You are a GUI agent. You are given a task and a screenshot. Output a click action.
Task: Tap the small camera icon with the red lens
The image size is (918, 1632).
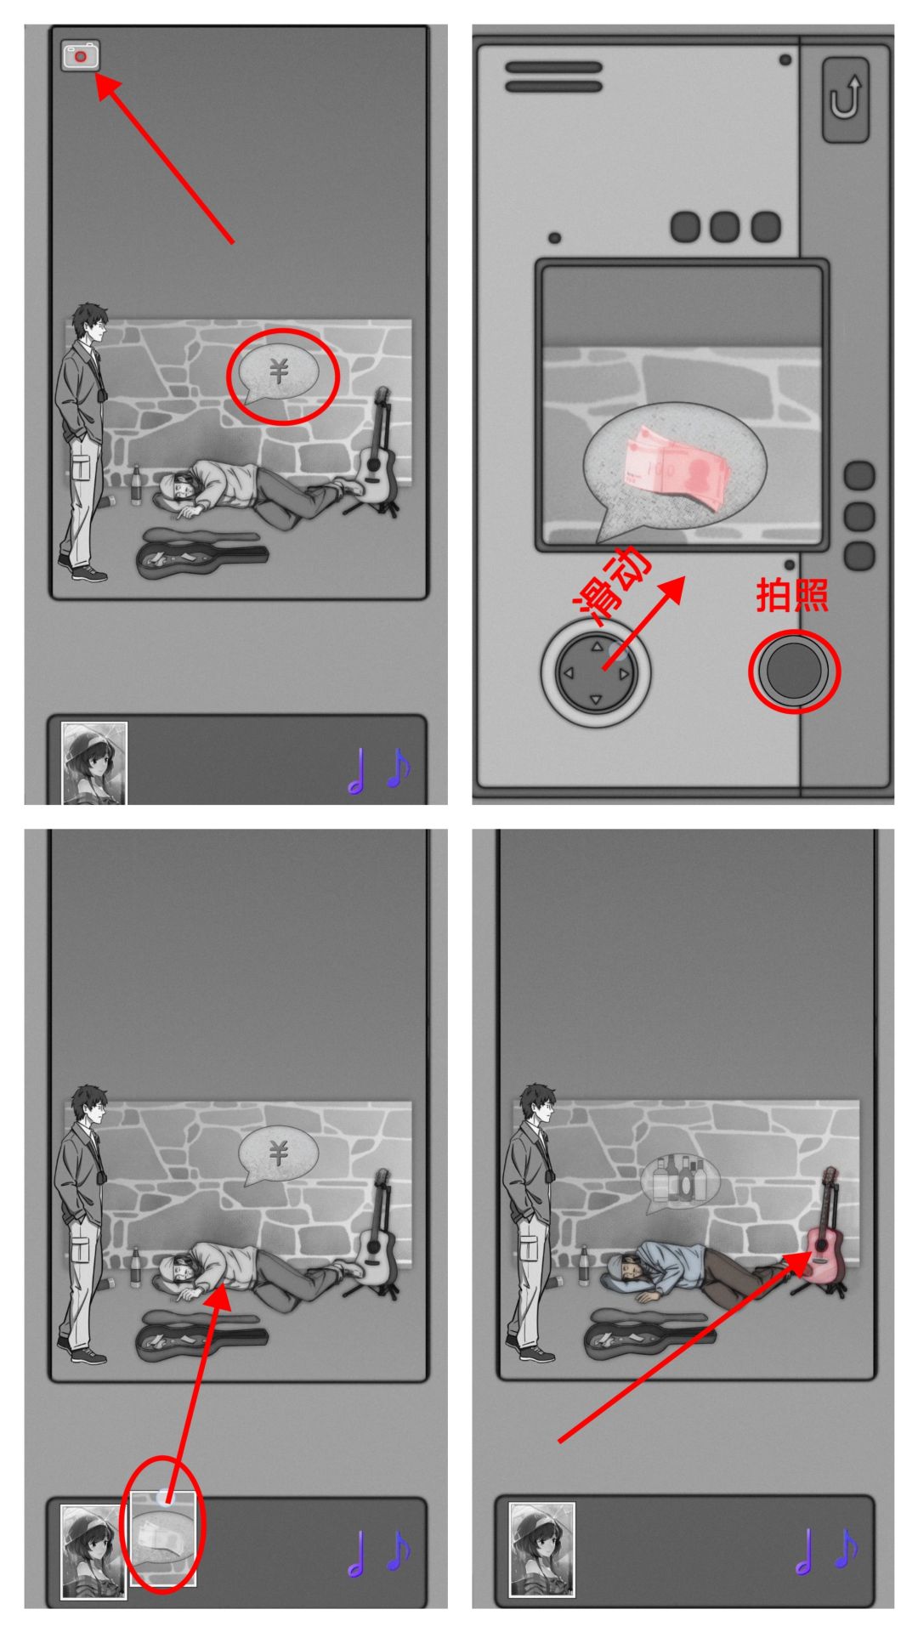[x=81, y=55]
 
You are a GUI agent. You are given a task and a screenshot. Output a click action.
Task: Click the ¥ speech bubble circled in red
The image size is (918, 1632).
[x=278, y=375]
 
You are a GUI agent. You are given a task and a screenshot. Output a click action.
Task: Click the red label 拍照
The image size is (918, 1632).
[x=792, y=595]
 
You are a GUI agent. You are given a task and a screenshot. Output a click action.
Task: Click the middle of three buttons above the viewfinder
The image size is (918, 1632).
[x=725, y=227]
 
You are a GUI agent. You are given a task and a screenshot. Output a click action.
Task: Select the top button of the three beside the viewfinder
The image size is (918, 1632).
[x=859, y=476]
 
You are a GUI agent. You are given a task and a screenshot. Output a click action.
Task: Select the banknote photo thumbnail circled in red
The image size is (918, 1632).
[x=162, y=1538]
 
